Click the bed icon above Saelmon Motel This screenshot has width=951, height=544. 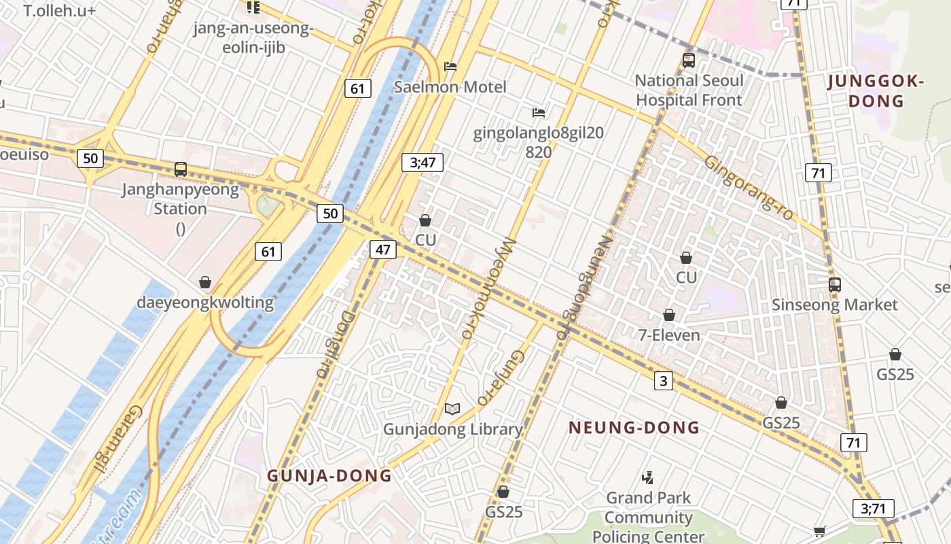(450, 67)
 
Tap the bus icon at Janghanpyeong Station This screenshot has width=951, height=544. (181, 169)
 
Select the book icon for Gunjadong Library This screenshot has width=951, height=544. (452, 409)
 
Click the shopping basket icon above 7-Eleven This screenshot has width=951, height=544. (669, 315)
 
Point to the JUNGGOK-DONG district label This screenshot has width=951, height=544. (876, 92)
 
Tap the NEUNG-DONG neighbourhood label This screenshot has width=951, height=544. (634, 428)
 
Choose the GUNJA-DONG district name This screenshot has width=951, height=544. (329, 475)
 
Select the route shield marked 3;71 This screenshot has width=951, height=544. (873, 509)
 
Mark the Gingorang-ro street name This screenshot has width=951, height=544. (749, 188)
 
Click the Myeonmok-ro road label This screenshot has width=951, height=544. (488, 288)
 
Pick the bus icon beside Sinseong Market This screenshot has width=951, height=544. (834, 284)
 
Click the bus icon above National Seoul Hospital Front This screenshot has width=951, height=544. (688, 61)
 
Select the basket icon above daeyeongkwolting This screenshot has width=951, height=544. (205, 282)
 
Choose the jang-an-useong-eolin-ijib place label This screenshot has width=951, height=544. (253, 38)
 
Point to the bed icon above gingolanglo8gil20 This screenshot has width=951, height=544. (539, 112)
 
